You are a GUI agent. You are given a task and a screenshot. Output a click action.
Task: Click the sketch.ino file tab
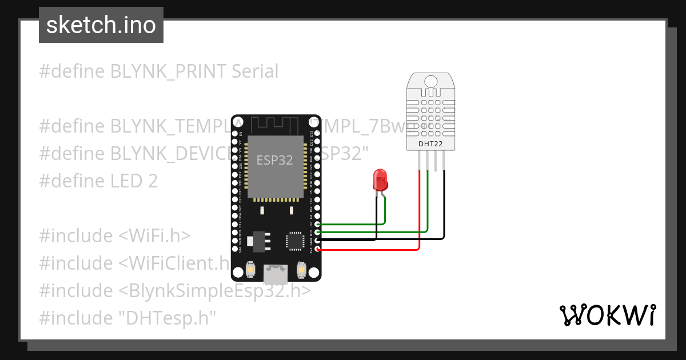101,25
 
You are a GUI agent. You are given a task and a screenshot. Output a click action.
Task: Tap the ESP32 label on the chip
274,160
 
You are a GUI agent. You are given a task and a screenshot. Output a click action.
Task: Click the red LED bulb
380,179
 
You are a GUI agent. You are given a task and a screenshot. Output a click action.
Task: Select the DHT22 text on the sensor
430,144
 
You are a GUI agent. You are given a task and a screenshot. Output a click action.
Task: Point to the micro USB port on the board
276,274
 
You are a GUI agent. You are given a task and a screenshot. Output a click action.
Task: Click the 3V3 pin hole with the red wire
317,250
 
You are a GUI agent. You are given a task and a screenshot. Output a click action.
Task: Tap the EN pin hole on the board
235,133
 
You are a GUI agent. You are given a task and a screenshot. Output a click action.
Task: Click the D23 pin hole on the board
317,133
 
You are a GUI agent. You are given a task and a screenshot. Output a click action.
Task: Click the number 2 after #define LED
152,181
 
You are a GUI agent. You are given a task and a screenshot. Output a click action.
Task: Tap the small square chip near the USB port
295,241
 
